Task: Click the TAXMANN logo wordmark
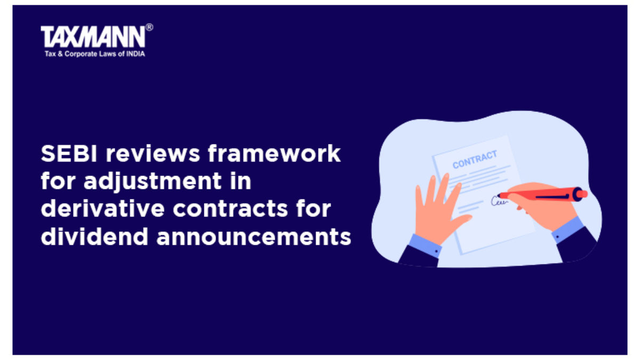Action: [x=93, y=37]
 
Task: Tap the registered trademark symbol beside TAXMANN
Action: [x=149, y=27]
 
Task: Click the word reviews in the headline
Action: [x=153, y=154]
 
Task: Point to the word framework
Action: [x=274, y=154]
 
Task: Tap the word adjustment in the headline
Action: [x=153, y=181]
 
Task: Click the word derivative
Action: [x=103, y=209]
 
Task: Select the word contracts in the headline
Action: [x=230, y=209]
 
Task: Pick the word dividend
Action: [x=94, y=237]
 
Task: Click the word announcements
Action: [x=254, y=237]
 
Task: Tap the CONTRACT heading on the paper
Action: [x=475, y=159]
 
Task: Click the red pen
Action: [x=542, y=195]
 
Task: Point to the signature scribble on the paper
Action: [x=499, y=201]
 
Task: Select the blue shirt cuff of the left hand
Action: [x=426, y=245]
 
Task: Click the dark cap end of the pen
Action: [x=577, y=194]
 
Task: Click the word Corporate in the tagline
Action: [x=81, y=54]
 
